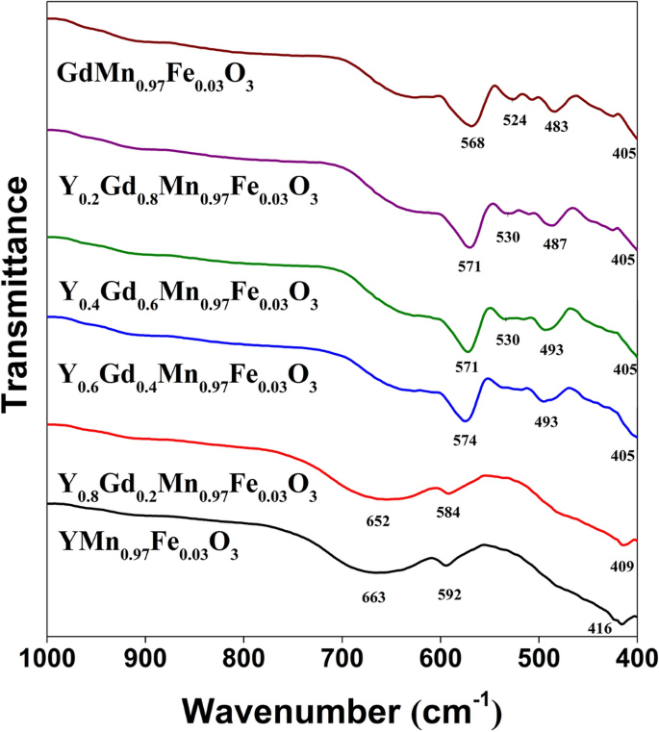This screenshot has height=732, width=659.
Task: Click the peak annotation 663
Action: coord(373,597)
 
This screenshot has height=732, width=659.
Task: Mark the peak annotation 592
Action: coord(449,593)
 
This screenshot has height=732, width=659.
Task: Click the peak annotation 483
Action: coord(555,126)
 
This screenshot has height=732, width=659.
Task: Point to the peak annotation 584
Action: coord(447,513)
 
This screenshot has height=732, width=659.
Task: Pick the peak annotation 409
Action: coord(621,568)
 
